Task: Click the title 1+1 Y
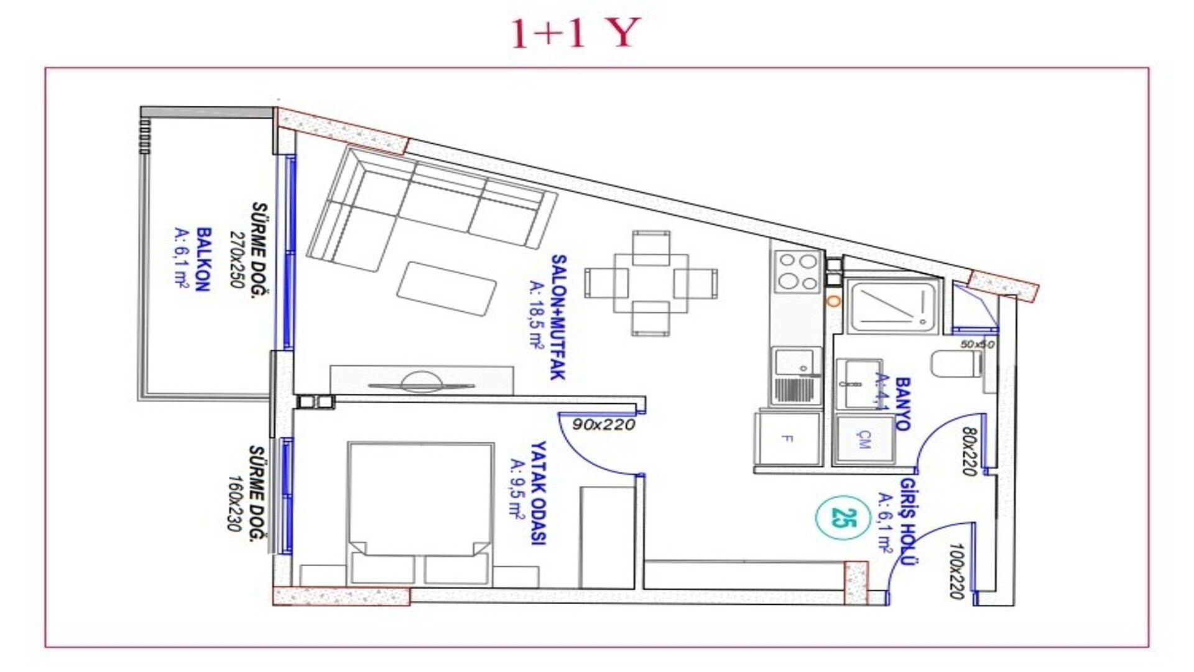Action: pos(575,34)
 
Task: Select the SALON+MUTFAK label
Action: pos(558,317)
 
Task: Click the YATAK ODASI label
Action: pos(537,493)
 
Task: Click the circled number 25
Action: pos(843,517)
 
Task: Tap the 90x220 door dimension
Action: pos(603,425)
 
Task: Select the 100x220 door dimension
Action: pos(958,571)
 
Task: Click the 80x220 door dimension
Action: pos(969,451)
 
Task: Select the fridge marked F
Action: pos(787,439)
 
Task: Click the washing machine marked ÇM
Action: pos(864,440)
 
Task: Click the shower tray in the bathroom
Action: pos(893,306)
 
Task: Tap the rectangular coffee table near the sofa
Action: pos(447,289)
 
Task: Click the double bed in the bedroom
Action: pos(421,510)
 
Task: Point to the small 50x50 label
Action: pos(978,344)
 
